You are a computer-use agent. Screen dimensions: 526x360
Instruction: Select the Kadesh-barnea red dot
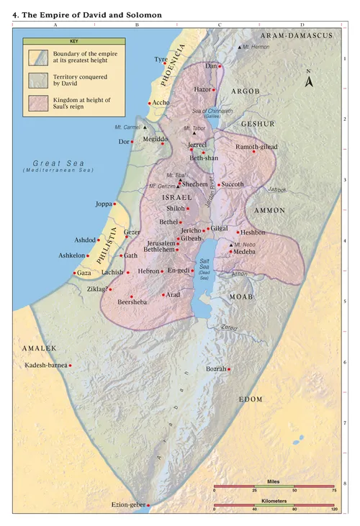[70, 366]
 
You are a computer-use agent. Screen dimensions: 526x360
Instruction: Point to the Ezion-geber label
[127, 505]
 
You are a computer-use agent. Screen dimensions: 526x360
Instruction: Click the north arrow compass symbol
[309, 79]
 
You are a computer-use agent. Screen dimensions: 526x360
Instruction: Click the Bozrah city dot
[229, 369]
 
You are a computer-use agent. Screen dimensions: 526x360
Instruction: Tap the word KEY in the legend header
[63, 42]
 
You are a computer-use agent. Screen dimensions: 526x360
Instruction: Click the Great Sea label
[58, 163]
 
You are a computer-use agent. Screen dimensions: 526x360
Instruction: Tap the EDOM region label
[252, 399]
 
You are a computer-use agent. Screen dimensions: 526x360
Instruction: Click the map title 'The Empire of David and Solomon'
[86, 14]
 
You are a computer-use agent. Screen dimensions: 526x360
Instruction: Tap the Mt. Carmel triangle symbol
[145, 127]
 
